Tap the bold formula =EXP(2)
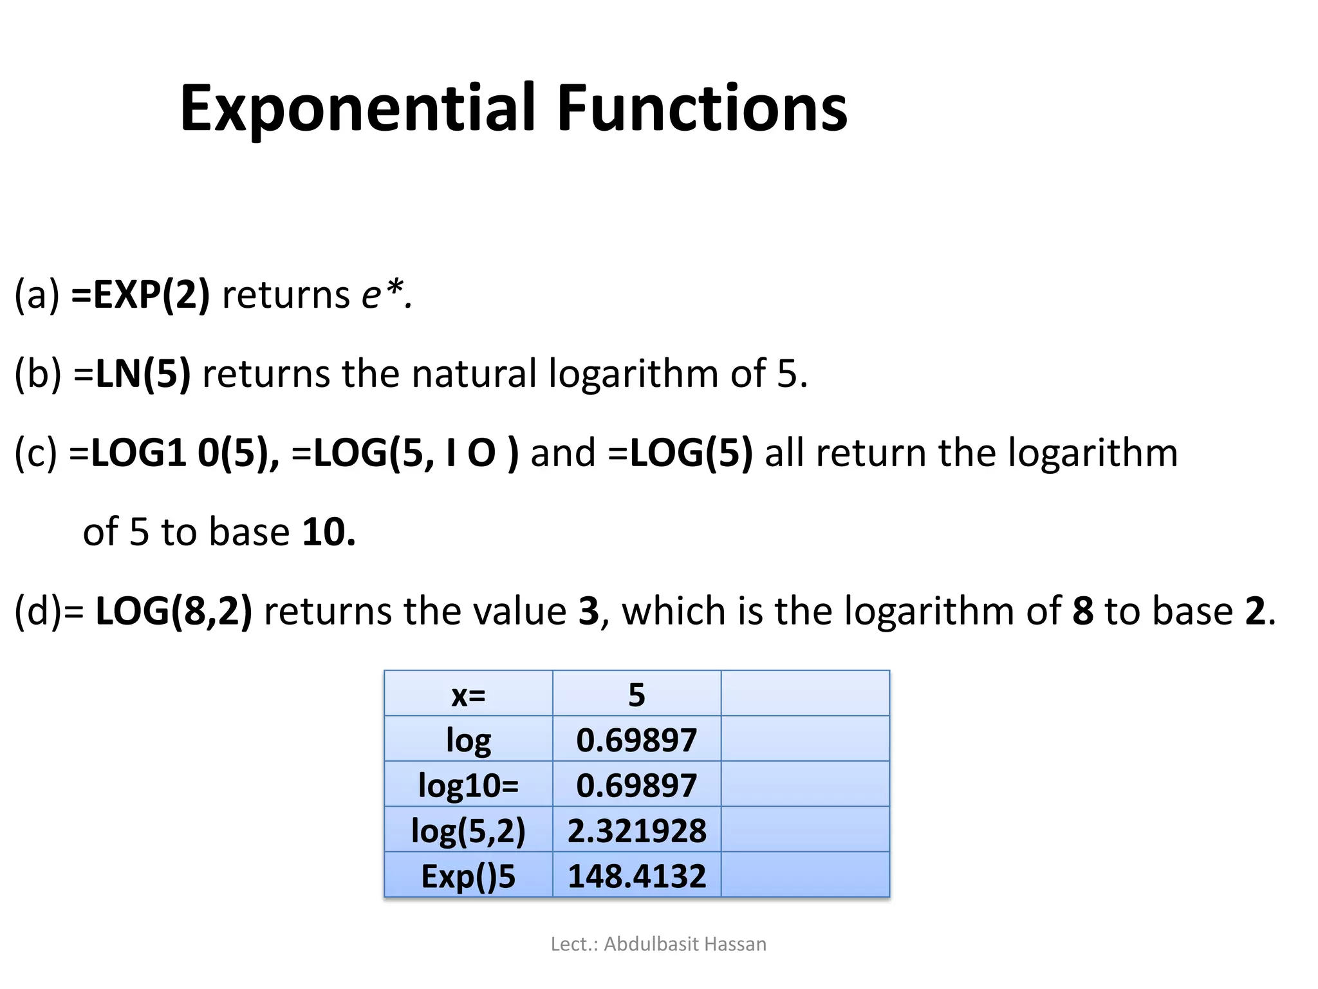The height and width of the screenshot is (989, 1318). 140,295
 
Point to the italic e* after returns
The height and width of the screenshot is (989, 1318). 385,295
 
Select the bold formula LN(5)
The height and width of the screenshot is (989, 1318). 143,373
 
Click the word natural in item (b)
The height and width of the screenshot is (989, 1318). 474,373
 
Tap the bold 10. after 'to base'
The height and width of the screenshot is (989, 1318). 328,532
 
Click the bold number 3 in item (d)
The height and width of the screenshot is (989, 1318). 588,611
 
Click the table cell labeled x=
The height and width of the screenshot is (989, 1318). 469,695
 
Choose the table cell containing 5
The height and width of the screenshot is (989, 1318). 636,695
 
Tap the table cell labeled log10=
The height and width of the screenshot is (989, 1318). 469,786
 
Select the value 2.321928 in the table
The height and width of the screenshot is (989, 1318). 636,831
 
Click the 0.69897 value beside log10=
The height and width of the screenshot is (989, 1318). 636,786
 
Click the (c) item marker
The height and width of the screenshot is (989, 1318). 36,453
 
